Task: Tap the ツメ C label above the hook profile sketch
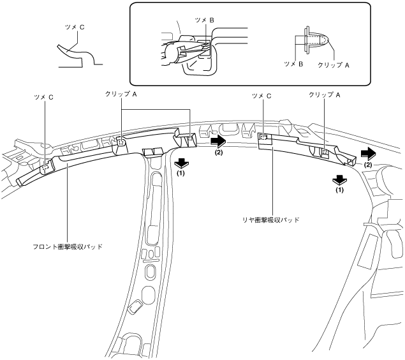coord(72,28)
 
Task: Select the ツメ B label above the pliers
coord(205,20)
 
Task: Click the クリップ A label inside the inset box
coord(339,64)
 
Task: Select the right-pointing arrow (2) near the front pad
coord(218,140)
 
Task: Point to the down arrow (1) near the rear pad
coord(339,179)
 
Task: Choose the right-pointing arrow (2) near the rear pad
coord(367,153)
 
